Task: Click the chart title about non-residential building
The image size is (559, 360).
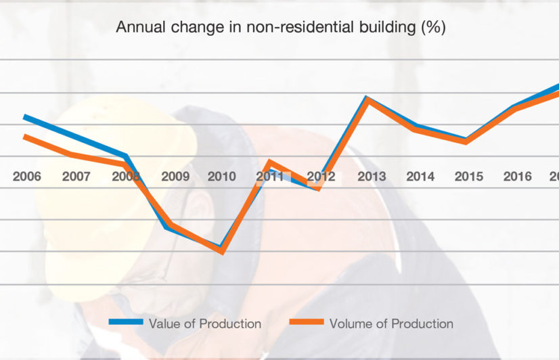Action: click(x=280, y=28)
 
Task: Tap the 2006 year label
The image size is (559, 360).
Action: click(x=27, y=177)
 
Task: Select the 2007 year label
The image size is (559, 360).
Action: click(x=76, y=177)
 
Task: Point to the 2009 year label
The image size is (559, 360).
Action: click(x=175, y=177)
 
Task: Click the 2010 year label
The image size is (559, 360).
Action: click(x=222, y=177)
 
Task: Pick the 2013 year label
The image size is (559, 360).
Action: click(x=372, y=177)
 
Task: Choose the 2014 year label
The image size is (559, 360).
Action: click(x=420, y=177)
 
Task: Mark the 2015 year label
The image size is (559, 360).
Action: click(x=469, y=177)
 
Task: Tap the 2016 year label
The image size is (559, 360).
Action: click(x=518, y=177)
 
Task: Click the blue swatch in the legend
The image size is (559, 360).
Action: click(x=126, y=323)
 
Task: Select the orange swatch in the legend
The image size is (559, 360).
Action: click(x=306, y=323)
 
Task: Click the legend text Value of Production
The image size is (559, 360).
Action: click(x=205, y=323)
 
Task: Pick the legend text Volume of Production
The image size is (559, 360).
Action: click(x=391, y=323)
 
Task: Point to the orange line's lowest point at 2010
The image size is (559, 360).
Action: click(x=222, y=251)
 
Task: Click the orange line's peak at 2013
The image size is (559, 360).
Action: click(x=367, y=100)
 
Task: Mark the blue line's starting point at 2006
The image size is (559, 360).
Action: click(x=25, y=117)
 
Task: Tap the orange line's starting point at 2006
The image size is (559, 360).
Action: click(x=25, y=137)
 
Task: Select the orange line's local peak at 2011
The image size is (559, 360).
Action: click(x=270, y=162)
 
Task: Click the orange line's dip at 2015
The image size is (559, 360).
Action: click(x=467, y=141)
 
